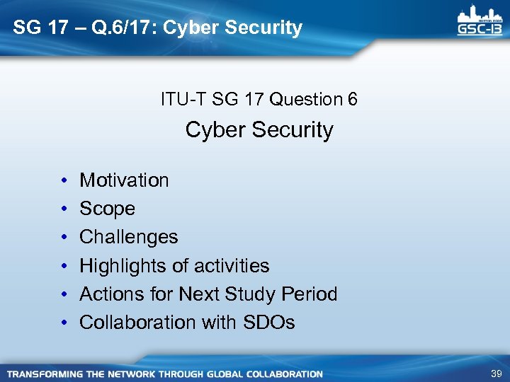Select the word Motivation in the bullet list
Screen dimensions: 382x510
124,180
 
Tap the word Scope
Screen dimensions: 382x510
107,209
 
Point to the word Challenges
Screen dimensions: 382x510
128,237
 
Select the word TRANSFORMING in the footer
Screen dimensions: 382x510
42,374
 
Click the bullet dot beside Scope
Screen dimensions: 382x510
64,209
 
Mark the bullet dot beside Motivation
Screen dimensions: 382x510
64,181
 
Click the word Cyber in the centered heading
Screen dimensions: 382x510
211,130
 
